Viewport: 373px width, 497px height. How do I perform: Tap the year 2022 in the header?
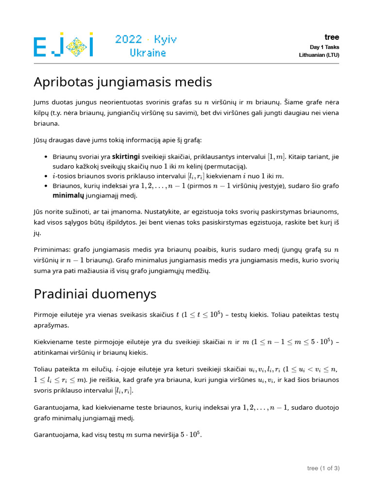click(129, 39)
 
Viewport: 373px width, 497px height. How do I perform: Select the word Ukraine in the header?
click(148, 52)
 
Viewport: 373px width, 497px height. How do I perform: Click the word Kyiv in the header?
click(165, 40)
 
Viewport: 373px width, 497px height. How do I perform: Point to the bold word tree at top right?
click(332, 37)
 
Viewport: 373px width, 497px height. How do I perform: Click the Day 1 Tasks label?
click(324, 47)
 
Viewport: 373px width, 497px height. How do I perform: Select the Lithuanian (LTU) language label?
click(319, 55)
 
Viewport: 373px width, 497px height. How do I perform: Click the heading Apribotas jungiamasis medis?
click(123, 82)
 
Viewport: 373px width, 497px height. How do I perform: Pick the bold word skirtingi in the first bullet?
click(126, 157)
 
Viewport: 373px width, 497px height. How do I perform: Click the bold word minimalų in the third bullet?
click(68, 196)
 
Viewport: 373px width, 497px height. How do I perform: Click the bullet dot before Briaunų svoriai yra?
click(45, 157)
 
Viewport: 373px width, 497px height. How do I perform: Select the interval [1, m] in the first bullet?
click(277, 157)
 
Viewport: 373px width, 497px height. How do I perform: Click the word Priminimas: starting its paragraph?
click(52, 250)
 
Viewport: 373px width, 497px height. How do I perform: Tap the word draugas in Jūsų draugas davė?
click(62, 140)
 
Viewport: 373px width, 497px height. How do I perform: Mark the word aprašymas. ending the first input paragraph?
click(51, 325)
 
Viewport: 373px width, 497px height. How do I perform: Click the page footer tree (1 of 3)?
click(323, 468)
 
